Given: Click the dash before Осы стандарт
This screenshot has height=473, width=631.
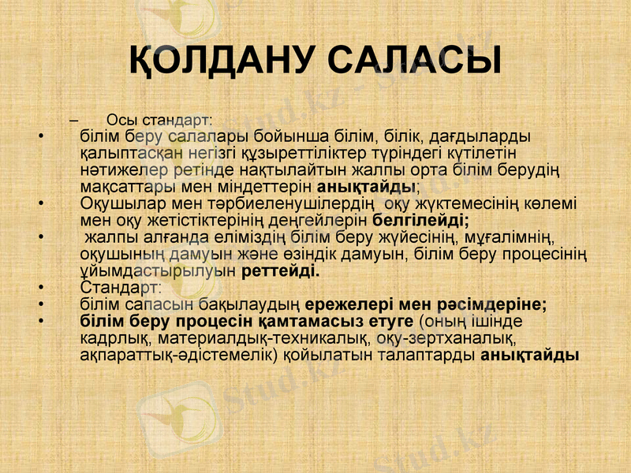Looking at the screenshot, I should tap(74, 120).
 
